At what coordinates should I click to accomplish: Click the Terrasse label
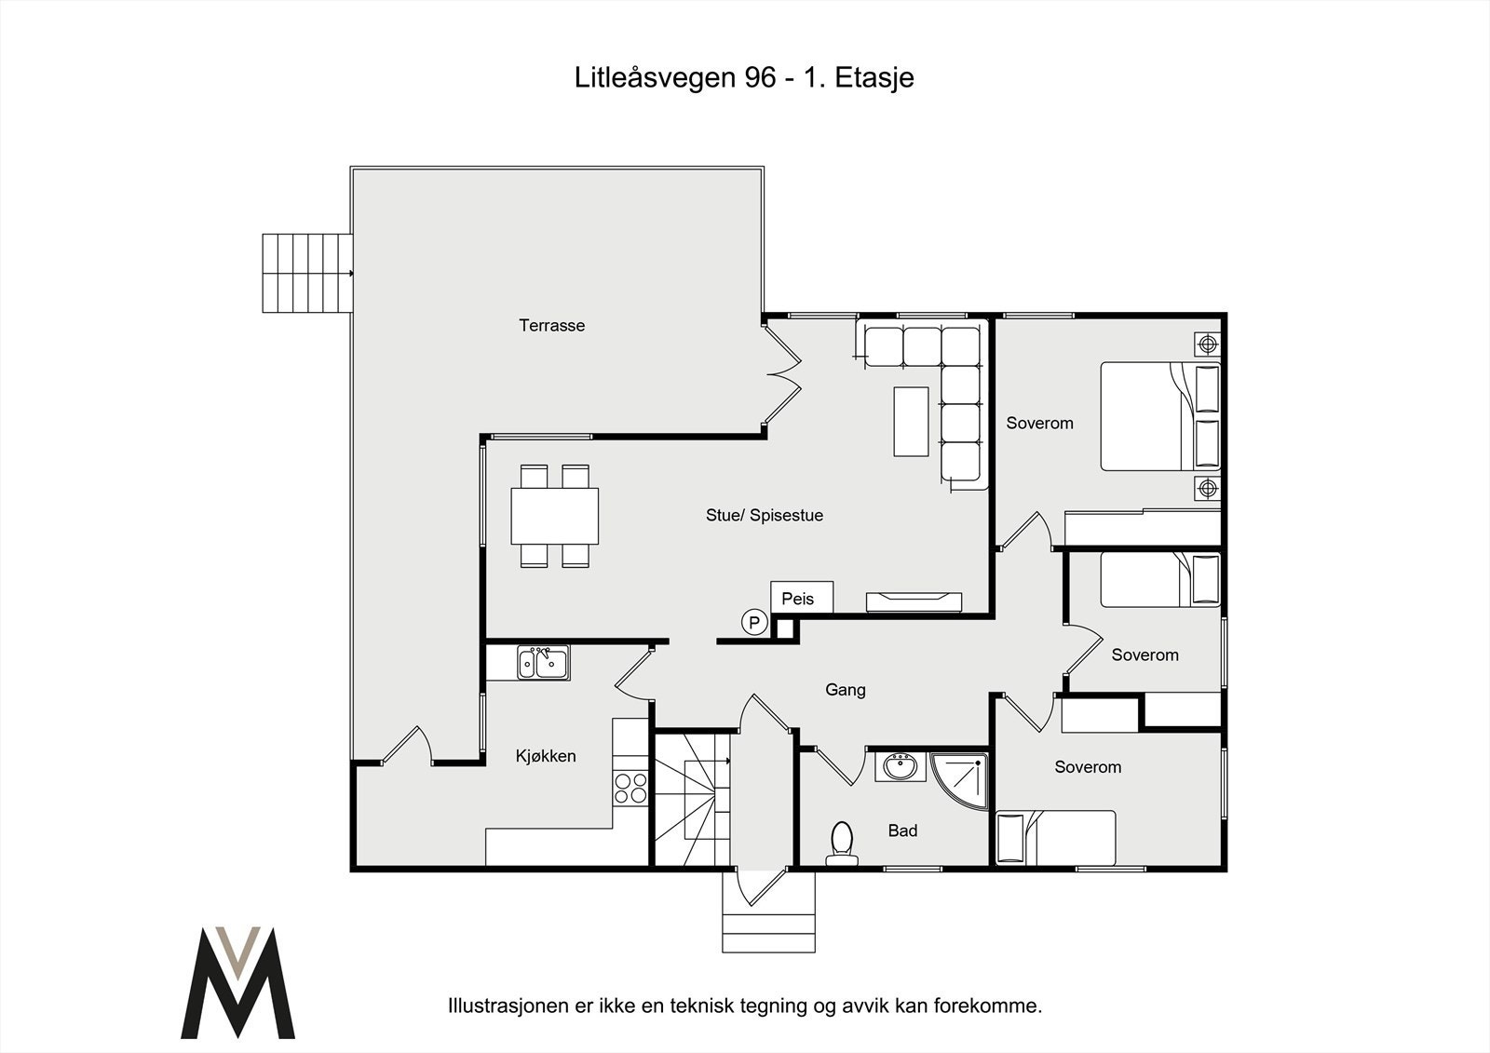(551, 326)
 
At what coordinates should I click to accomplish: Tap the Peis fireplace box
(801, 598)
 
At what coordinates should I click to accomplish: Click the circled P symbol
(753, 623)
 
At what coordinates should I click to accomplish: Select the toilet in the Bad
(842, 842)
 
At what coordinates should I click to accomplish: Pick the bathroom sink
(900, 768)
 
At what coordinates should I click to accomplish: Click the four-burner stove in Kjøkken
(630, 788)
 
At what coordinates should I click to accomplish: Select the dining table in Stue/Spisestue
(554, 516)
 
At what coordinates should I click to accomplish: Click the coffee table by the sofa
(911, 421)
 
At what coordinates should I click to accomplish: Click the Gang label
(845, 690)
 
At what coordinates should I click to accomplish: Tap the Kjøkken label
(546, 756)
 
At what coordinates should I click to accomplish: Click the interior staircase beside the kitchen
(690, 798)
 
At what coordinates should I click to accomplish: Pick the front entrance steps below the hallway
(768, 915)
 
